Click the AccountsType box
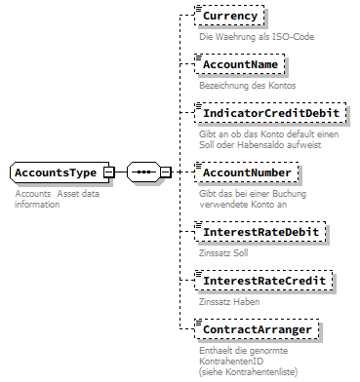click(55, 172)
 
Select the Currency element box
click(229, 17)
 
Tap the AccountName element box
click(239, 64)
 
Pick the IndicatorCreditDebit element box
click(270, 113)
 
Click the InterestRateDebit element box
click(259, 233)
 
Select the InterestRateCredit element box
click(262, 281)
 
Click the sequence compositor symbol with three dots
click(143, 172)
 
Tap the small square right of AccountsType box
click(109, 172)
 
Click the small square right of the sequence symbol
click(167, 172)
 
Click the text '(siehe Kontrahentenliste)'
click(247, 371)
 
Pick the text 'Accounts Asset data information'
click(57, 199)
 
